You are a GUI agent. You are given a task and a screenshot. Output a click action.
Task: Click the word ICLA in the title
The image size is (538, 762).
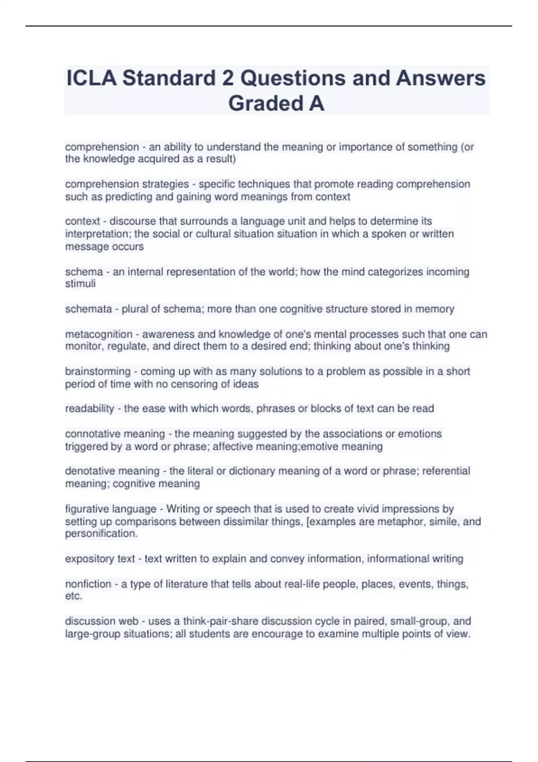point(91,78)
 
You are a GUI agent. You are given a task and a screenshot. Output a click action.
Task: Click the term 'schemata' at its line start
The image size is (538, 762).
point(88,309)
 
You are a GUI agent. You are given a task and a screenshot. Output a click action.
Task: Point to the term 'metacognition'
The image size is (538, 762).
point(99,334)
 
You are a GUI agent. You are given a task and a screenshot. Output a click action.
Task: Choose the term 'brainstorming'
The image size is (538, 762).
point(98,372)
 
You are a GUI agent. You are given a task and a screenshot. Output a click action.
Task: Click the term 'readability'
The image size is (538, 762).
point(90,409)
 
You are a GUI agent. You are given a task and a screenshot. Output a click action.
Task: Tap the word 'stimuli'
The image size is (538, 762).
point(80,284)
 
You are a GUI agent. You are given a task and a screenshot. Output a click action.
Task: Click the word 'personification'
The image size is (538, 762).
point(101,534)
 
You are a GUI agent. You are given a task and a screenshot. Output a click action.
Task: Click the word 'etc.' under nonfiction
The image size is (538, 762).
point(74,597)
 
